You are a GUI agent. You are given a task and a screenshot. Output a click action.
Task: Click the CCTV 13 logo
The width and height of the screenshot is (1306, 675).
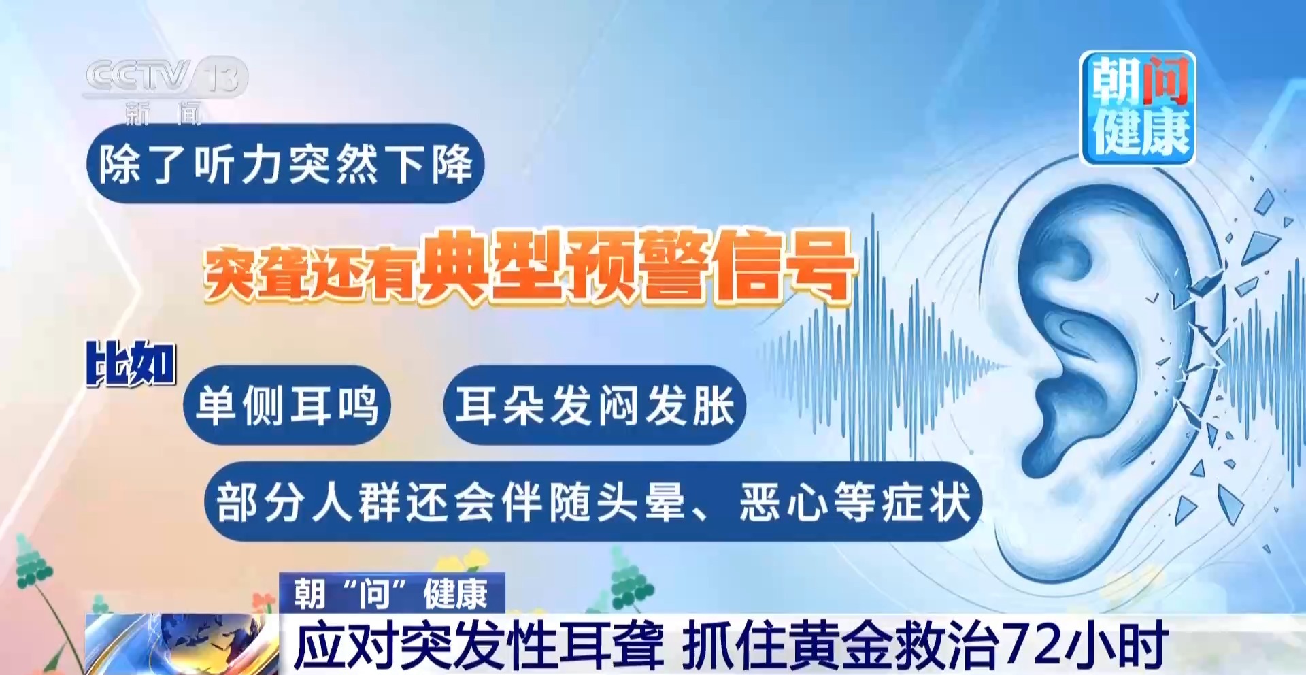tap(166, 76)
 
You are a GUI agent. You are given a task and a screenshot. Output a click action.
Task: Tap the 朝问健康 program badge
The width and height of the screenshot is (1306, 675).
tap(1138, 108)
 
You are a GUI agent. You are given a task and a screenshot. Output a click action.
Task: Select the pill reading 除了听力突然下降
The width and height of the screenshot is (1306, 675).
tap(286, 163)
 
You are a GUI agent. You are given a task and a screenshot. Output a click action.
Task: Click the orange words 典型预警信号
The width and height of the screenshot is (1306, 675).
tap(636, 266)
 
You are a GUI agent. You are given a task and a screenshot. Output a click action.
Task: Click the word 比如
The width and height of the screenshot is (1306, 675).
tap(131, 363)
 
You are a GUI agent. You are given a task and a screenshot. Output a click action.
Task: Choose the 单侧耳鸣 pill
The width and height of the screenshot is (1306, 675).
tap(287, 405)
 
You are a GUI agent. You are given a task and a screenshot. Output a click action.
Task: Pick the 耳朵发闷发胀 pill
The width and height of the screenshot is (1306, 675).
tap(595, 405)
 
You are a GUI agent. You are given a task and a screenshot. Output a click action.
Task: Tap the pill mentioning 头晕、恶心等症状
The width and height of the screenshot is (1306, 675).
tap(593, 501)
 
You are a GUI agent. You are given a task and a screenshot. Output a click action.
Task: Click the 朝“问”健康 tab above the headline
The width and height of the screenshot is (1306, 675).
tap(392, 593)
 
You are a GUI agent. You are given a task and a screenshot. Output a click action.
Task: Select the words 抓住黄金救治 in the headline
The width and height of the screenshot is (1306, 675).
tap(841, 645)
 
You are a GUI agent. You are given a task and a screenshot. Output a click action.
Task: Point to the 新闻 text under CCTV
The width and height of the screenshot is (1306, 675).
tap(163, 114)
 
